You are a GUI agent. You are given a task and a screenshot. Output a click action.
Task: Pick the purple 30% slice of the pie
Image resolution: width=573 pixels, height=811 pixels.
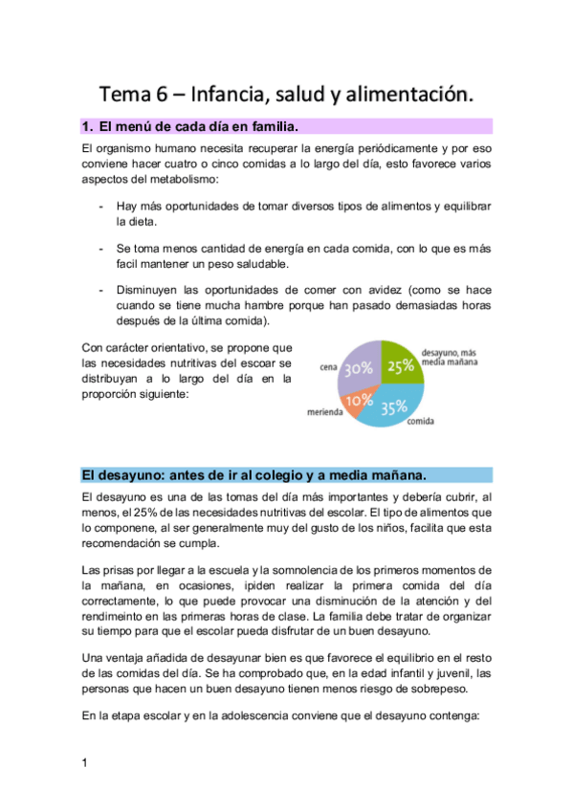click(359, 368)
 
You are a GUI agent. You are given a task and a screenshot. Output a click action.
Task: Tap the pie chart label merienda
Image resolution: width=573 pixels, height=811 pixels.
click(325, 412)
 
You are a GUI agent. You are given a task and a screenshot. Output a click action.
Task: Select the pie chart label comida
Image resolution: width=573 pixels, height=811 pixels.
click(424, 420)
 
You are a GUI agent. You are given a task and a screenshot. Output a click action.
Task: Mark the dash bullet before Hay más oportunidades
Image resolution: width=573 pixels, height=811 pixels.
click(101, 206)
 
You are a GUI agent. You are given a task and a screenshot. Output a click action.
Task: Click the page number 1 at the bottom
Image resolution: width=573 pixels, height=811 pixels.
click(85, 762)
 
